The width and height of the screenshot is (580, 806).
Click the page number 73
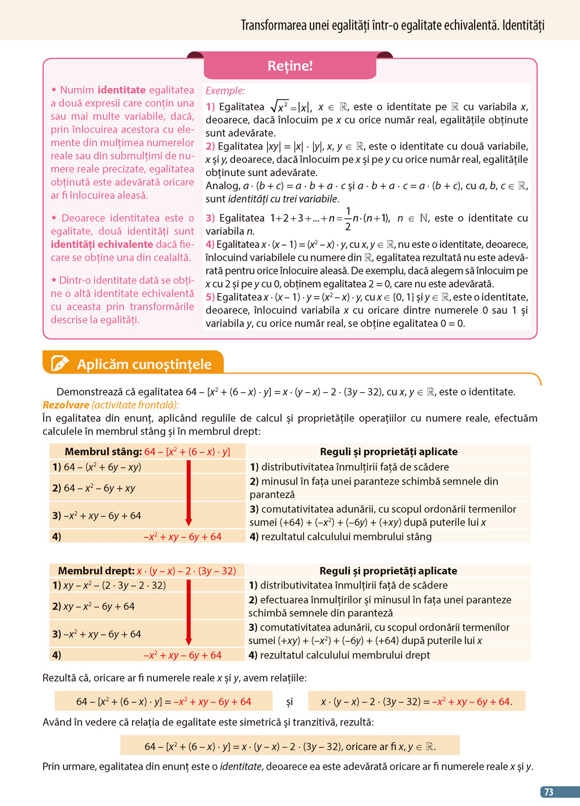[548, 792]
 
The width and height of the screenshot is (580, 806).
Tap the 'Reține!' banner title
[290, 66]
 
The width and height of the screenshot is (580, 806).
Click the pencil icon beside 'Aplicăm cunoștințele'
[59, 363]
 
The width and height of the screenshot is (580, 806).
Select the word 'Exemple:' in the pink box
[225, 91]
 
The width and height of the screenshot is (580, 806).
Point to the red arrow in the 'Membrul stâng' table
[189, 493]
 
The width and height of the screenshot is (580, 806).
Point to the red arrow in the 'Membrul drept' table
[189, 612]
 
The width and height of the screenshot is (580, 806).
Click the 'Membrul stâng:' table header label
[103, 452]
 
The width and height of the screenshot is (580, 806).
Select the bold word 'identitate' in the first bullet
[122, 90]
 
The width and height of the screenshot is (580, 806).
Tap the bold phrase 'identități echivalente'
[102, 245]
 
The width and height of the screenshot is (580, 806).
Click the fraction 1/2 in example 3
[348, 218]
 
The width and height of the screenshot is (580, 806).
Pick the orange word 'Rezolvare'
[66, 405]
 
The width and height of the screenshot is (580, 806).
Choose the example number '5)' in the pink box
[210, 297]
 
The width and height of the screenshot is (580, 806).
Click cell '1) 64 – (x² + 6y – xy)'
[97, 467]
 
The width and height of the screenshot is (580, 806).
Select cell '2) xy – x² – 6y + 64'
[93, 606]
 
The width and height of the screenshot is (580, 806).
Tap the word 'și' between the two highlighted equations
[289, 702]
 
